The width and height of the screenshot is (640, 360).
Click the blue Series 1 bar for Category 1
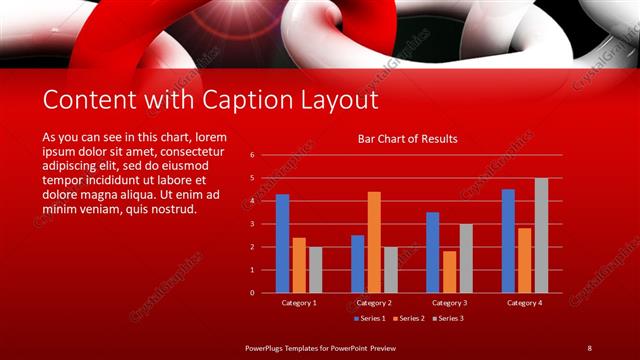(283, 243)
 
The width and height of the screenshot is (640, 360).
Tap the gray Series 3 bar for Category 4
(541, 235)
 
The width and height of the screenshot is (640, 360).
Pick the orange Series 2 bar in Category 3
(449, 271)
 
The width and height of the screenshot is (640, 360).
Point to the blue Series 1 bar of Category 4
(508, 241)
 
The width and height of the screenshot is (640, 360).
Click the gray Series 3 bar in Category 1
(315, 269)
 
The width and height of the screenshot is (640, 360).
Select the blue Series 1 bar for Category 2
(358, 263)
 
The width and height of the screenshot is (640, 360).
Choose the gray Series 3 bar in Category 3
(465, 258)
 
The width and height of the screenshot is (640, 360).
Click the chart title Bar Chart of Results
(408, 139)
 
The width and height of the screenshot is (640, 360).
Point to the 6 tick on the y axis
(252, 155)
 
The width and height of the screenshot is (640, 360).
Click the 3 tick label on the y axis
(252, 224)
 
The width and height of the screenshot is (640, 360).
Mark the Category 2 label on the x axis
(374, 302)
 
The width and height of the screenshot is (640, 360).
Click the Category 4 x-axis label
(524, 302)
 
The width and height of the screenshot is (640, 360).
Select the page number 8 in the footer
(589, 347)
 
